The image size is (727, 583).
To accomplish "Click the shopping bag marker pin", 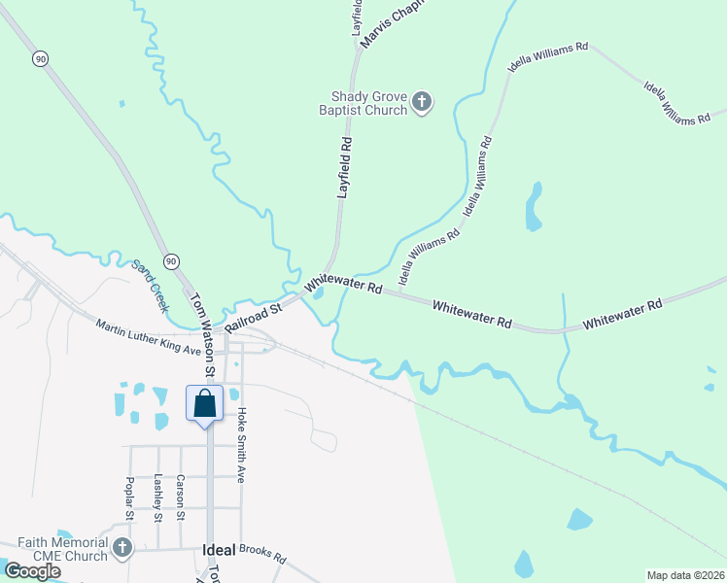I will click(205, 403).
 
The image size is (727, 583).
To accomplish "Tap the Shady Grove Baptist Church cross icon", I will click(422, 102).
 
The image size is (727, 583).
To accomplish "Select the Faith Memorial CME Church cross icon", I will click(122, 548).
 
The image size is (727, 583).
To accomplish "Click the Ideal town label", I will click(219, 549).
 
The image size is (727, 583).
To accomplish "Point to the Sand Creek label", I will click(151, 286).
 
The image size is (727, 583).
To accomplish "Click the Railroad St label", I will click(253, 316).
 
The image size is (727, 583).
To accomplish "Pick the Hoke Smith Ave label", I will click(242, 445).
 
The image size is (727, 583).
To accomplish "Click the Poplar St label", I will click(129, 498).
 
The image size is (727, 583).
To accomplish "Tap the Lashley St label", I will click(158, 498).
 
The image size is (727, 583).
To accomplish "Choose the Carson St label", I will click(181, 497).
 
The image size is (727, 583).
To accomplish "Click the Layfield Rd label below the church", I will click(345, 167).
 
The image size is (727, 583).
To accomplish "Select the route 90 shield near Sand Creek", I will click(171, 261).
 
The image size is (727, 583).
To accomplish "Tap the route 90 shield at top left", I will click(39, 59).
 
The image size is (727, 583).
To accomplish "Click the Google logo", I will click(33, 570).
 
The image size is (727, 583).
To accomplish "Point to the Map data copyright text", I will click(684, 575).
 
